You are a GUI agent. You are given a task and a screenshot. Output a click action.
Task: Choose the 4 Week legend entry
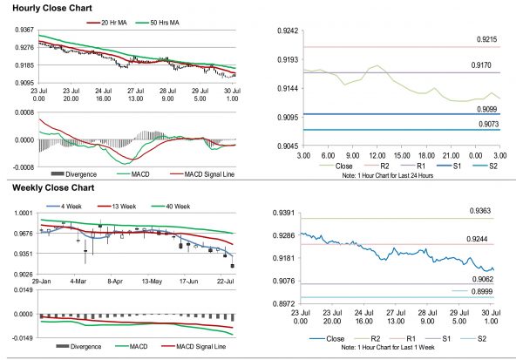pyautogui.click(x=72, y=207)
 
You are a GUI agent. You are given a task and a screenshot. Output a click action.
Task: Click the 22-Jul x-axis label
pyautogui.click(x=224, y=282)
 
